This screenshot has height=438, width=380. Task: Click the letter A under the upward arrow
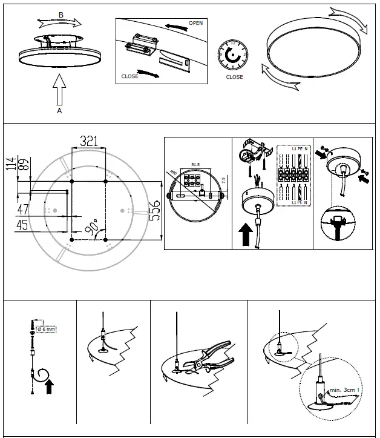point(59,111)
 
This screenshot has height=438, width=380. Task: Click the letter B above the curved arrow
point(61,14)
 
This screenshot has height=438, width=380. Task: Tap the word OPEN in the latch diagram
point(195,23)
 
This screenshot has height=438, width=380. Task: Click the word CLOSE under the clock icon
point(234,78)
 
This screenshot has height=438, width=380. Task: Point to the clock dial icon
point(233,55)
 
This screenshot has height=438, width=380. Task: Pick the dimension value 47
point(23,210)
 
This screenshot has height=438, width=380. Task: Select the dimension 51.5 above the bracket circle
point(195,164)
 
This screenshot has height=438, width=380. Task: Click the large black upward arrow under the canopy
point(246,234)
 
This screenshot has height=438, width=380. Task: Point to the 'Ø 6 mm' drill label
point(47,330)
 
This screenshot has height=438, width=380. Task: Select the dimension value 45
point(23,225)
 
